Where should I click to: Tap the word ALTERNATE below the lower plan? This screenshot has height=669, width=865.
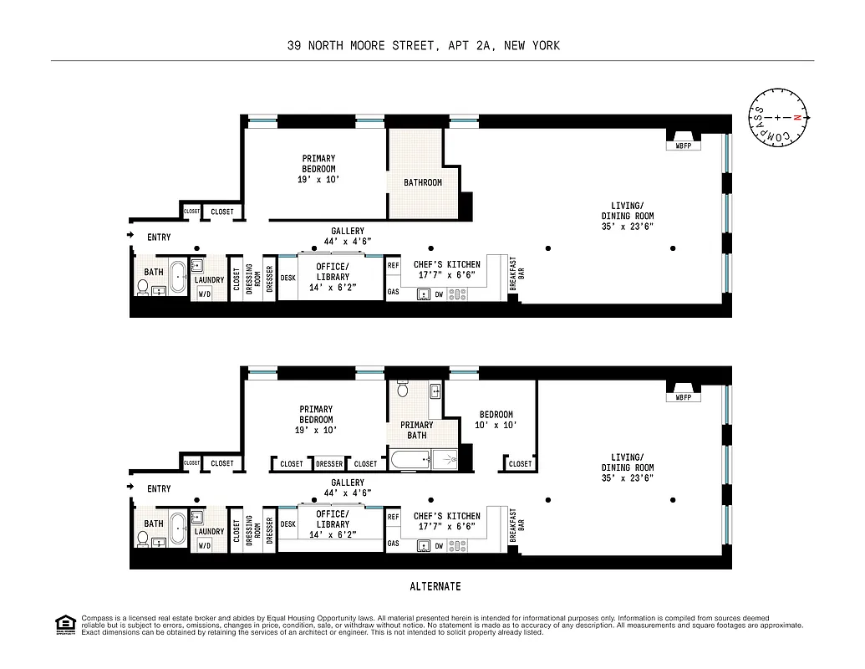coord(435,586)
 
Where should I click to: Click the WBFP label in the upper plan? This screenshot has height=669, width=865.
coord(684,146)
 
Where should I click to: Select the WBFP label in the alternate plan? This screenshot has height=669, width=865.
coord(684,397)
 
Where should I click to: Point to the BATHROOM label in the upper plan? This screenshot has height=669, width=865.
coord(423,182)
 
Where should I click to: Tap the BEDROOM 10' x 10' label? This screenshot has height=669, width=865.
coord(496,420)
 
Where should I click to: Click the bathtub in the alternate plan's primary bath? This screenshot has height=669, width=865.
coord(410,458)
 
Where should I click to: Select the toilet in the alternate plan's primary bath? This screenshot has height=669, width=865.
coord(402,389)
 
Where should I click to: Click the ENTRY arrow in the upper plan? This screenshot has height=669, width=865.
coord(130,236)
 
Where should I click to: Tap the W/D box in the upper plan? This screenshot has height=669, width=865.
coord(203,294)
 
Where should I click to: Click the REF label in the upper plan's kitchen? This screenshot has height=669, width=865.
coord(393,265)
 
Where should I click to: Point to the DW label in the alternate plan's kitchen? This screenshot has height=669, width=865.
coord(438,545)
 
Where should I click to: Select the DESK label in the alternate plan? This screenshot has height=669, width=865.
coord(287,524)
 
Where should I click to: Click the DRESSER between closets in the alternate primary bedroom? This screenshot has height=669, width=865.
coord(328,464)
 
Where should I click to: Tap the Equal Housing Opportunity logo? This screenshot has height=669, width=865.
coord(63,624)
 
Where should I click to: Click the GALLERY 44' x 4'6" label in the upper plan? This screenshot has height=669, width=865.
coord(348,236)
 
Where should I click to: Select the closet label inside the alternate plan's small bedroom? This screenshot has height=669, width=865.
coord(520,463)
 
